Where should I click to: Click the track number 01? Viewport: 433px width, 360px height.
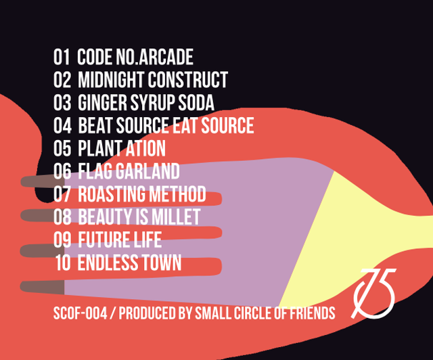pos(62,57)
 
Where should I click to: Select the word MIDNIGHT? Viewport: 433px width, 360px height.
pos(111,80)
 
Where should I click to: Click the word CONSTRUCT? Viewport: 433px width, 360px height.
pos(188,80)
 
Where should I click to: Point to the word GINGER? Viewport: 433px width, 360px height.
pos(102,102)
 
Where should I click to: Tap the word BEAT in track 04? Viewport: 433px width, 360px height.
pos(95,125)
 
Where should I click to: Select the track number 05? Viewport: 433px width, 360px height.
pos(62,148)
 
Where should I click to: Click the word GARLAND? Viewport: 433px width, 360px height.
pos(147,171)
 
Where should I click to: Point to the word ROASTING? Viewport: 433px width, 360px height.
pos(112,194)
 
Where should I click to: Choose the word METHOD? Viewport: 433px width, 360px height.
pos(177,194)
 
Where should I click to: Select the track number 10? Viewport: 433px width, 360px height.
pos(63,263)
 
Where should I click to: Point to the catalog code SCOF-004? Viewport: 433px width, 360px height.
pos(80,313)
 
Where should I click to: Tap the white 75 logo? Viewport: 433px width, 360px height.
pos(373,294)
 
